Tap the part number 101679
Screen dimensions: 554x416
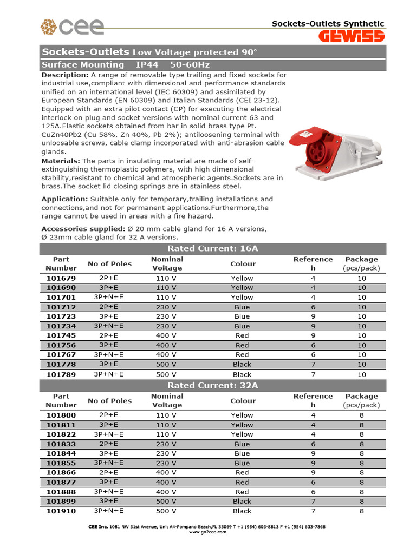click(61, 278)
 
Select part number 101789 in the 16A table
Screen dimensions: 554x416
click(61, 374)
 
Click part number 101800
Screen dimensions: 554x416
click(61, 415)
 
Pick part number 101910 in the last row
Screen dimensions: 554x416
click(61, 511)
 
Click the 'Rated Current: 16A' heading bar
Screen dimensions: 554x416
click(213, 248)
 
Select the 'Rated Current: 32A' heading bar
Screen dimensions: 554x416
click(213, 385)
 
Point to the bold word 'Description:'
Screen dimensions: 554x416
click(65, 75)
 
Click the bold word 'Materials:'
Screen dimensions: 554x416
click(61, 161)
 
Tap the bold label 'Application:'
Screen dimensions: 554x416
click(64, 199)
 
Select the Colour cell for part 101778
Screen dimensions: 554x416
click(242, 365)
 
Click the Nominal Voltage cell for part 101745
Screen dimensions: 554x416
click(167, 335)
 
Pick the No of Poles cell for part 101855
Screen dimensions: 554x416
click(109, 463)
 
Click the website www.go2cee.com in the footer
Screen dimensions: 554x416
click(207, 532)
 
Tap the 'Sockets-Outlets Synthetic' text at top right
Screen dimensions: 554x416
click(328, 23)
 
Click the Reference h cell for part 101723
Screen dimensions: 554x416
click(313, 316)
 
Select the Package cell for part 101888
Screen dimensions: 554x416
click(361, 492)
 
